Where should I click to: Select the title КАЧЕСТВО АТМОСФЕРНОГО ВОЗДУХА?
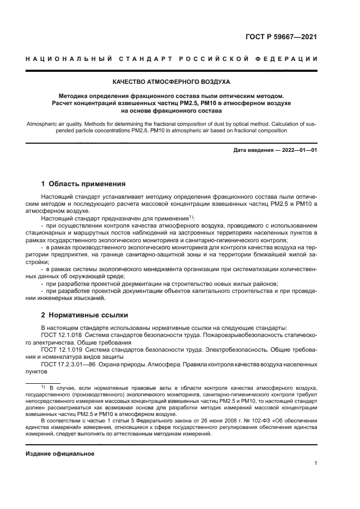pos(171,82)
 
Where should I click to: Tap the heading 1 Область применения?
pos(83,184)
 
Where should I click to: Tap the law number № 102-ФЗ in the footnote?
pos(240,421)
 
